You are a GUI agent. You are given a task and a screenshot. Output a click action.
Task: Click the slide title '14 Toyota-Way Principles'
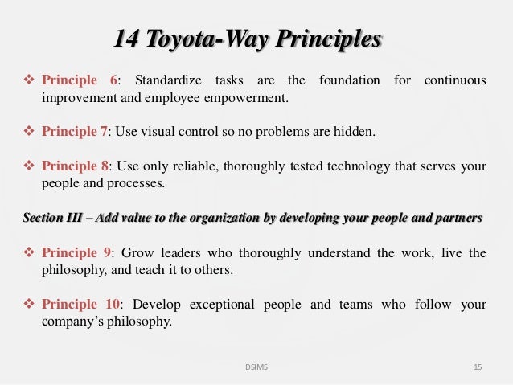click(248, 39)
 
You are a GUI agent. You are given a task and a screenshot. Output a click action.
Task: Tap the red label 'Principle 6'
click(80, 81)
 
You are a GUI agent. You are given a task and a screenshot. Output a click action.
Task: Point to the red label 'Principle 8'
click(75, 166)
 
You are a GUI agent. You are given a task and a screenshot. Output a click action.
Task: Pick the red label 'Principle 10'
click(81, 305)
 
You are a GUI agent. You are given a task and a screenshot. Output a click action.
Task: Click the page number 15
click(478, 367)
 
